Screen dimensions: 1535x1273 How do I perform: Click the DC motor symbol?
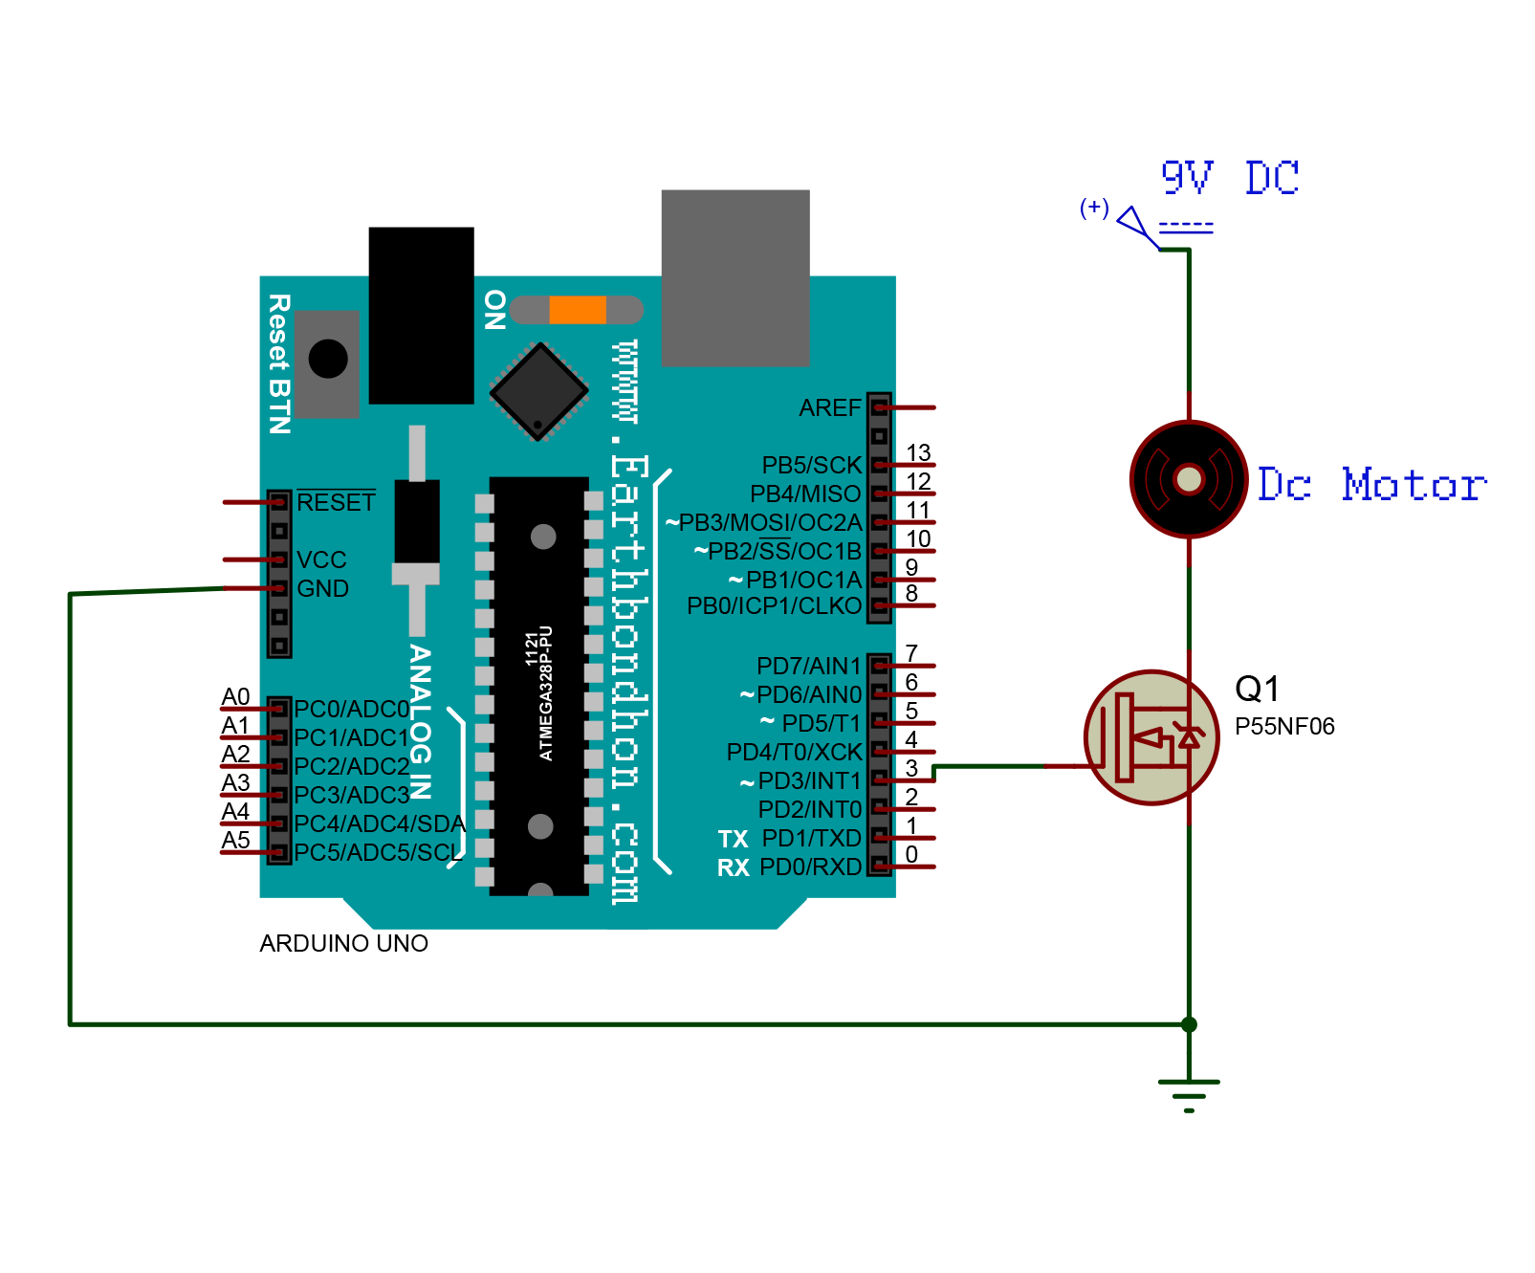tap(1189, 478)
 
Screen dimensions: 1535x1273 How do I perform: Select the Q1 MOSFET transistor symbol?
tap(1151, 737)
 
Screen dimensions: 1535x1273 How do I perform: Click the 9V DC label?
tap(1230, 178)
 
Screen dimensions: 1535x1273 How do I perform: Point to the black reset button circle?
tap(328, 360)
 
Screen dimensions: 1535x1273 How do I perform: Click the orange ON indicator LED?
tap(578, 310)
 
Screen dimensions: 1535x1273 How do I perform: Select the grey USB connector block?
tap(735, 277)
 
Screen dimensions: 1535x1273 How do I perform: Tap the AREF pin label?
tap(830, 408)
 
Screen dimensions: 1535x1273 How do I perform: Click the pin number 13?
tap(918, 452)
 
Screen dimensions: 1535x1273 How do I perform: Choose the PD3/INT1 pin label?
tap(801, 781)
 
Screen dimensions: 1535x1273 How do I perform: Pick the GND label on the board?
tap(322, 589)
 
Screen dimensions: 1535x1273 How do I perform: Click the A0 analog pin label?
tap(235, 696)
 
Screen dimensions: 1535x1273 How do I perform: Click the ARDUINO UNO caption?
tap(343, 944)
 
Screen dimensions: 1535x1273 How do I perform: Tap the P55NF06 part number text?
tap(1284, 727)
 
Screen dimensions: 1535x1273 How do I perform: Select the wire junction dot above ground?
tap(1189, 1024)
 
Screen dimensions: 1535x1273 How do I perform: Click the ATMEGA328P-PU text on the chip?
tap(546, 693)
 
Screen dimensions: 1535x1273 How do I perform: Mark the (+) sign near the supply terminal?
tap(1094, 208)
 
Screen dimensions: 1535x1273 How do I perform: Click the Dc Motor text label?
tap(1371, 485)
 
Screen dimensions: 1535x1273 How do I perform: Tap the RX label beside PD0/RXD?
tap(734, 868)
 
